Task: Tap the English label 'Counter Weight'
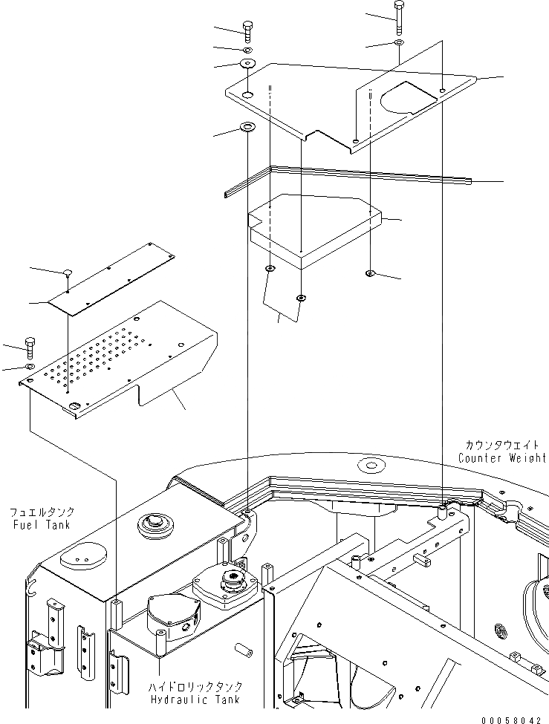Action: click(x=501, y=458)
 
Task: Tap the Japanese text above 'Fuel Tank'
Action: click(x=42, y=513)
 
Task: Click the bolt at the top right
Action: click(x=398, y=17)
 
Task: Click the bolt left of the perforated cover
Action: click(x=30, y=346)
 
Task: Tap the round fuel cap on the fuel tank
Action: click(x=155, y=526)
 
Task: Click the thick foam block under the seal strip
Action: click(x=316, y=226)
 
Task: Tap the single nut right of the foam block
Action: click(x=369, y=274)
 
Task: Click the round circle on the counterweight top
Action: click(x=369, y=466)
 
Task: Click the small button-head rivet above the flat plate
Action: click(x=67, y=272)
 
